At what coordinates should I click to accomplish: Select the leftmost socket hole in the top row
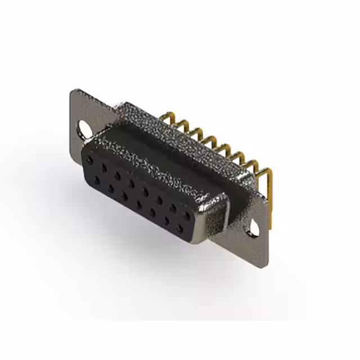click(x=90, y=161)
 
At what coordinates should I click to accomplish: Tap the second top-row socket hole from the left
click(x=103, y=168)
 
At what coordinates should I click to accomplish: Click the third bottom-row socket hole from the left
click(x=124, y=196)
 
